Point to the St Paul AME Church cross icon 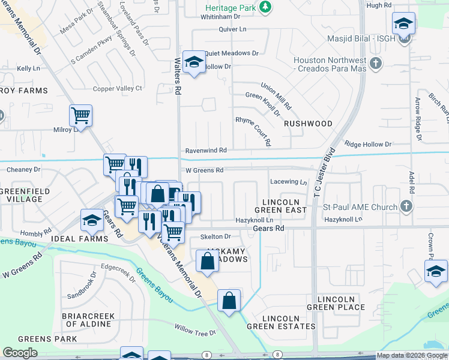coord(406,207)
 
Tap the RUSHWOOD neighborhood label coord(308,124)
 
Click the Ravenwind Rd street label coord(206,150)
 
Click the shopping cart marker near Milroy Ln coord(80,115)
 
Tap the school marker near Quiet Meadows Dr coord(194,61)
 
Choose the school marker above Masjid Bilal coord(403,24)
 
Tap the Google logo coord(20,353)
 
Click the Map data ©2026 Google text coord(412,356)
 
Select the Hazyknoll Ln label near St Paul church coord(344,220)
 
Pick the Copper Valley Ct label coord(117,89)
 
